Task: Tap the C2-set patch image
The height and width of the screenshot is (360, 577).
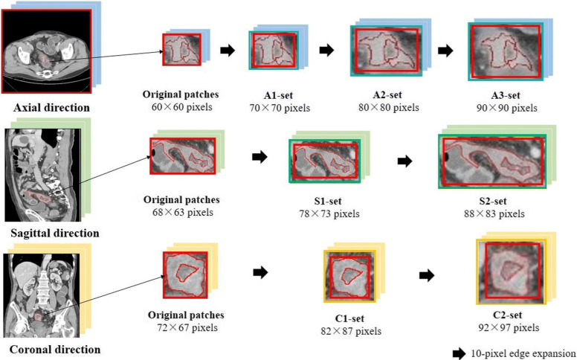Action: click(509, 269)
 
